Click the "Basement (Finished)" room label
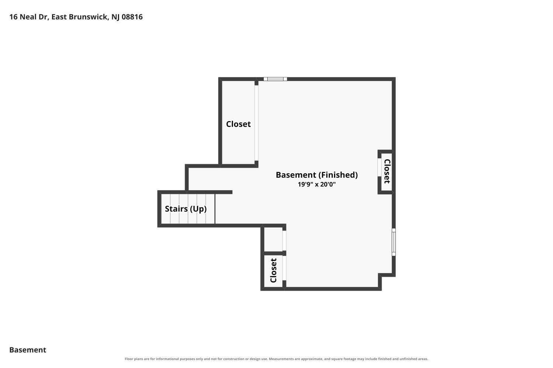point(317,175)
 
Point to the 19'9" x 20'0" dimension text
point(317,184)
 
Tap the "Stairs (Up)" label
point(186,209)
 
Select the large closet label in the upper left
point(238,124)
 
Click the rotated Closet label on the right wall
point(387,171)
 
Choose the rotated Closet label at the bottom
point(273,270)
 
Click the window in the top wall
point(275,79)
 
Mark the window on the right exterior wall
point(394,242)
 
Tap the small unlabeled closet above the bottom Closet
point(273,239)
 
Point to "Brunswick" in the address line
point(88,17)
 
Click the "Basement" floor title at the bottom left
point(28,350)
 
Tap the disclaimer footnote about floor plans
point(276,359)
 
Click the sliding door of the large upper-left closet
point(257,123)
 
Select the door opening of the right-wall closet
point(379,167)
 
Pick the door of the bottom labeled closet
point(284,268)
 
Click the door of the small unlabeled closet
point(284,241)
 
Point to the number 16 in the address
point(13,17)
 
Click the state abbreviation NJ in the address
point(115,17)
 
